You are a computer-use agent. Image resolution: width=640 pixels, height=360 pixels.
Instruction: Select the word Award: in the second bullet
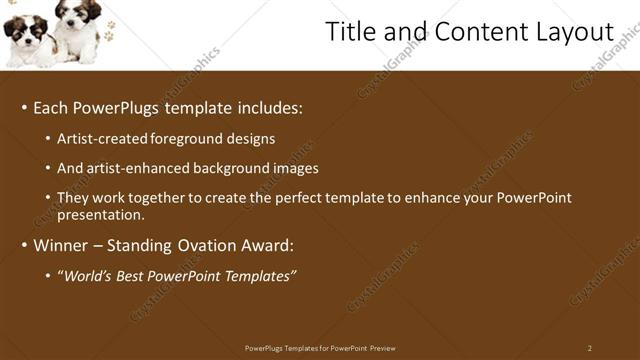coord(267,245)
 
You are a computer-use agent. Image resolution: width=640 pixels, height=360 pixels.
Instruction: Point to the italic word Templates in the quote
coord(258,276)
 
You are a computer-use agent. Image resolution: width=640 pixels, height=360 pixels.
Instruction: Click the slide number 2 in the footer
coord(589,348)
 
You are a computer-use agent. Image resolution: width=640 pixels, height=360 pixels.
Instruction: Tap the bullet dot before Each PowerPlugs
coord(24,108)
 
